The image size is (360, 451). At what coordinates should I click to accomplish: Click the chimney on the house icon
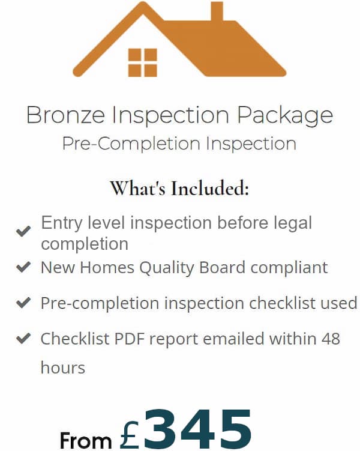pyautogui.click(x=217, y=11)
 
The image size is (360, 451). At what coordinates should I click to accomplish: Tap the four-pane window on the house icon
pyautogui.click(x=143, y=62)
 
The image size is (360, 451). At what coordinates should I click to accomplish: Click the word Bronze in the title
pyautogui.click(x=65, y=115)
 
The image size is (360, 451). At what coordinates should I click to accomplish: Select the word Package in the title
pyautogui.click(x=285, y=116)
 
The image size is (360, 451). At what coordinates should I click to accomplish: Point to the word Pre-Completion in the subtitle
pyautogui.click(x=131, y=144)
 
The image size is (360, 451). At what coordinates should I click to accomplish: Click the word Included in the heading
pyautogui.click(x=210, y=189)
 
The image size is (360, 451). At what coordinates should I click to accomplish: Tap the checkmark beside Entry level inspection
pyautogui.click(x=23, y=231)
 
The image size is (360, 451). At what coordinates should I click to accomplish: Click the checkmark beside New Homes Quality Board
pyautogui.click(x=23, y=267)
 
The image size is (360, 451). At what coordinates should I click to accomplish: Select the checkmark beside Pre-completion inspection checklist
pyautogui.click(x=23, y=303)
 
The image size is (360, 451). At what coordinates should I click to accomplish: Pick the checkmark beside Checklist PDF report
pyautogui.click(x=23, y=338)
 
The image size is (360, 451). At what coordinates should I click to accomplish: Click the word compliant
pyautogui.click(x=289, y=268)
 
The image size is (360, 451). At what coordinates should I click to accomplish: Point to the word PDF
pyautogui.click(x=130, y=339)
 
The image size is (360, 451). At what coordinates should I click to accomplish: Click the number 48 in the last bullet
pyautogui.click(x=331, y=339)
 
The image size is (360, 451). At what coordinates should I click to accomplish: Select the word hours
pyautogui.click(x=63, y=368)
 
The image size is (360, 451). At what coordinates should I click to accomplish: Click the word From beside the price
pyautogui.click(x=86, y=440)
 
